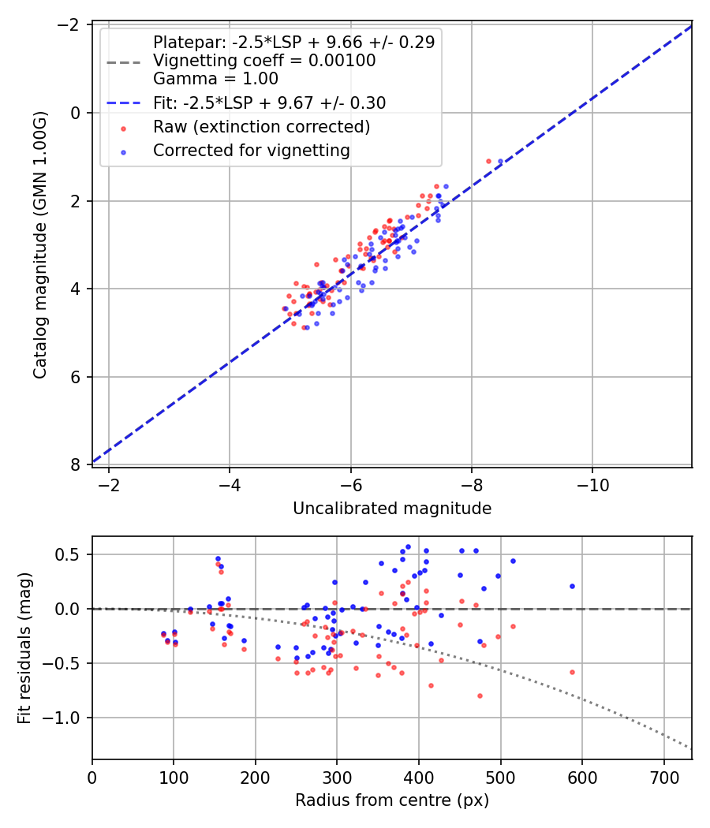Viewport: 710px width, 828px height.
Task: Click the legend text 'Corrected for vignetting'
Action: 251,150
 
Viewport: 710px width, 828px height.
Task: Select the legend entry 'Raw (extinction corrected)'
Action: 261,126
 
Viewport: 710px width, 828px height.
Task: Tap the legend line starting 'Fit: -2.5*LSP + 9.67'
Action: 269,103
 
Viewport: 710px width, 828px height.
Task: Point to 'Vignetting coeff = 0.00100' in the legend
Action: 263,61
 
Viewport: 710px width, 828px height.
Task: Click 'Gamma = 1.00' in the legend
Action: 215,79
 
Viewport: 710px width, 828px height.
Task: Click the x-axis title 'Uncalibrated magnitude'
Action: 392,509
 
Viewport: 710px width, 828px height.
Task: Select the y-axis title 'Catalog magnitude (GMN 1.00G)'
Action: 40,245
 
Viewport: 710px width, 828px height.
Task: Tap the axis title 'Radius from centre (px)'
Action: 392,800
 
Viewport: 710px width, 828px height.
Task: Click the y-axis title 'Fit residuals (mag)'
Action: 24,647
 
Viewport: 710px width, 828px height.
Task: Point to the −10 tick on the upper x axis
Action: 592,485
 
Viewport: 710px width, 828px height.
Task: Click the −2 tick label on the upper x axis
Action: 109,485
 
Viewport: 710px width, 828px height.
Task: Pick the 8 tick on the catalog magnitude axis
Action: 77,464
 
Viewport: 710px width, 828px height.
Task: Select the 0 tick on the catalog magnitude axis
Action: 77,113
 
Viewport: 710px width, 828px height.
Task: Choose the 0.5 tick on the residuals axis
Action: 73,554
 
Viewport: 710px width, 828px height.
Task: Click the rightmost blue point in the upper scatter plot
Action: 500,161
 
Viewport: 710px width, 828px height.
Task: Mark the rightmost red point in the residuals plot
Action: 572,672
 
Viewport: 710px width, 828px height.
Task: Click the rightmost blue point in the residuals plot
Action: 572,586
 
